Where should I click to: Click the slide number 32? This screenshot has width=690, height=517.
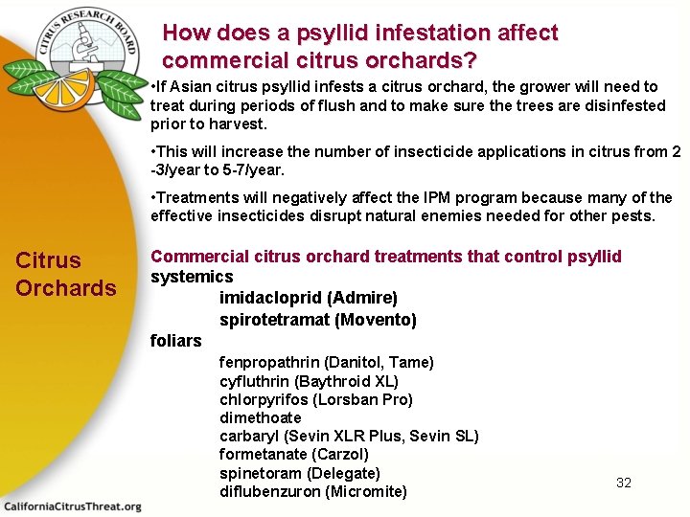(624, 483)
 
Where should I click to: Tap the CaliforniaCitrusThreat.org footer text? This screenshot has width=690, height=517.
(72, 506)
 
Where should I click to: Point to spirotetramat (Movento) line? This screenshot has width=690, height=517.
(317, 319)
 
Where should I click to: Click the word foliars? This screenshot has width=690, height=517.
(175, 341)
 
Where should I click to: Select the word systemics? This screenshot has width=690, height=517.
(192, 277)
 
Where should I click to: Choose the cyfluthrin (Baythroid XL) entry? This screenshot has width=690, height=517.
(309, 381)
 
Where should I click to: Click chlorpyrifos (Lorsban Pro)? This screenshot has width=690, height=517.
(315, 399)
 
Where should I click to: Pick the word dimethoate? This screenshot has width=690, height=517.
(260, 417)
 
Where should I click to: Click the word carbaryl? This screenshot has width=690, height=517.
(246, 436)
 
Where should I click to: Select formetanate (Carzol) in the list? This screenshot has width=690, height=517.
(293, 454)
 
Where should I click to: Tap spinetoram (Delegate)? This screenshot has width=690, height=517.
(299, 473)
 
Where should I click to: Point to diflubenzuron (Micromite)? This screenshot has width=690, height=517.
(312, 491)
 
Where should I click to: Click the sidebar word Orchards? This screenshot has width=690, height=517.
(66, 288)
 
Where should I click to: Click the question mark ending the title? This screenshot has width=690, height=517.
(469, 61)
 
